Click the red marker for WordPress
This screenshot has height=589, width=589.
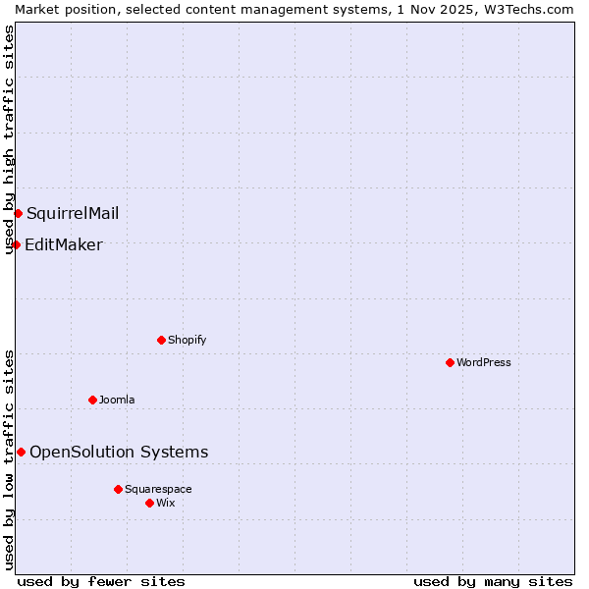pyautogui.click(x=450, y=362)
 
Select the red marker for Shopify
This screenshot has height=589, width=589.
pyautogui.click(x=161, y=340)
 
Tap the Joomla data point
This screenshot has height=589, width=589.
pyautogui.click(x=92, y=400)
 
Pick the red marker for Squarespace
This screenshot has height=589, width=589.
pyautogui.click(x=118, y=489)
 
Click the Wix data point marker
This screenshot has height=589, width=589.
pyautogui.click(x=149, y=503)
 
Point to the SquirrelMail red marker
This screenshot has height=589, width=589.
pyautogui.click(x=18, y=213)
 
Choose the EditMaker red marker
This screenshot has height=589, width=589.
pyautogui.click(x=16, y=244)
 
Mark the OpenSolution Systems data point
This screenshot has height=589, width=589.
pyautogui.click(x=21, y=452)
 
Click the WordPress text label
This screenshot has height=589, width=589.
pyautogui.click(x=483, y=362)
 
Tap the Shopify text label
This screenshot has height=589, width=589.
pyautogui.click(x=187, y=340)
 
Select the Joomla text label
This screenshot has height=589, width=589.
pyautogui.click(x=117, y=400)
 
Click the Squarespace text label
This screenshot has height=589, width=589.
pyautogui.click(x=158, y=489)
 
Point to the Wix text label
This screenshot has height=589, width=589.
pyautogui.click(x=165, y=503)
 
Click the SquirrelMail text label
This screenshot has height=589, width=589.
pyautogui.click(x=73, y=213)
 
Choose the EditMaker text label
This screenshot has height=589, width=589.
pyautogui.click(x=63, y=244)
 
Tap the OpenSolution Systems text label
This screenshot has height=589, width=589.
pyautogui.click(x=119, y=452)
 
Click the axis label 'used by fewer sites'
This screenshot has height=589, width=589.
pyautogui.click(x=101, y=581)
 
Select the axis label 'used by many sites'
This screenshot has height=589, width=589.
pyautogui.click(x=493, y=581)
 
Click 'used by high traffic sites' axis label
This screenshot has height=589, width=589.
pyautogui.click(x=9, y=139)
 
